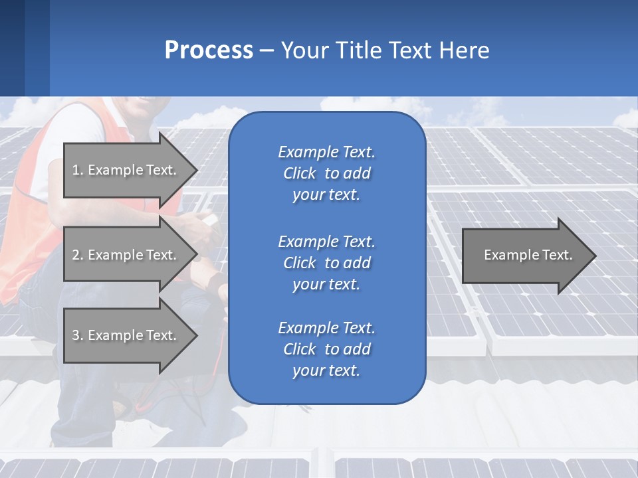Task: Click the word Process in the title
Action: click(209, 50)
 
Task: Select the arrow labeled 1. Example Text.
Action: click(126, 170)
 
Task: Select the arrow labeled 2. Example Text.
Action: click(126, 255)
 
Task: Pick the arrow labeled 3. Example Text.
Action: click(126, 335)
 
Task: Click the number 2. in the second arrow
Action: click(78, 255)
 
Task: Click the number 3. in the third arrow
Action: click(78, 335)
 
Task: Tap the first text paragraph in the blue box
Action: click(326, 173)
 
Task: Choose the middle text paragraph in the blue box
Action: click(326, 262)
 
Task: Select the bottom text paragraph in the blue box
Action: click(326, 349)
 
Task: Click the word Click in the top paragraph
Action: click(299, 173)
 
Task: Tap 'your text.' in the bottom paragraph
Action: click(326, 370)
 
